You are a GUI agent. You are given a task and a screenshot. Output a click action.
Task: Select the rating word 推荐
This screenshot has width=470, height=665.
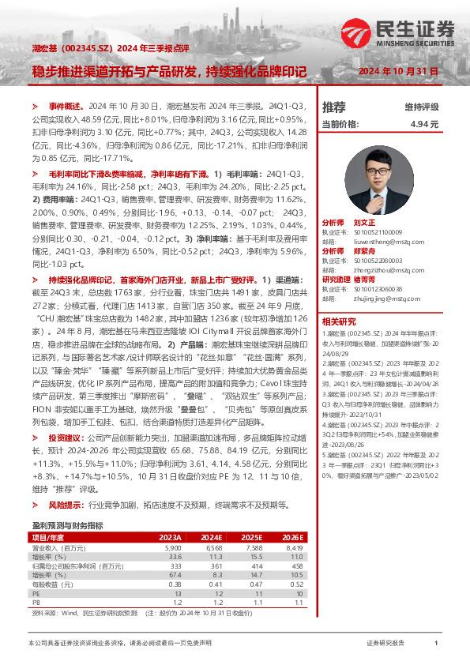[334, 107]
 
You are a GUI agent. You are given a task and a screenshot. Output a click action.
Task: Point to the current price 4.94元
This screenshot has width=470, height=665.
[423, 124]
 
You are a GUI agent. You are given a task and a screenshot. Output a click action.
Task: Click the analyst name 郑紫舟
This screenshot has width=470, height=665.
[364, 251]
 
